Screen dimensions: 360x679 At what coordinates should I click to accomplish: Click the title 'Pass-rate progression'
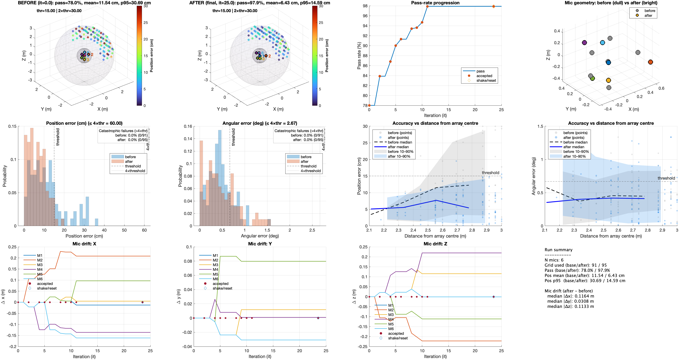[435, 3]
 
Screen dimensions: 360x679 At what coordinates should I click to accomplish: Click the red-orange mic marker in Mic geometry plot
[650, 62]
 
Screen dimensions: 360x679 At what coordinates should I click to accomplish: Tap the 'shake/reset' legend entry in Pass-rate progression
[486, 80]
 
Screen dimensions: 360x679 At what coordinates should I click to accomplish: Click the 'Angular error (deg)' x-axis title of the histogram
[260, 236]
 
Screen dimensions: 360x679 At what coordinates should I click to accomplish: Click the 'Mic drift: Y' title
[260, 244]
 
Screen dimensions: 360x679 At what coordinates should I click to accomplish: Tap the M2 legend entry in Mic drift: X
[40, 260]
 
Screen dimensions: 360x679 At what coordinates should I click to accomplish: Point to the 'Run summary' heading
[558, 250]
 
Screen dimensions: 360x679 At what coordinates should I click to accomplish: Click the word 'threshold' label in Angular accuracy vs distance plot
[666, 178]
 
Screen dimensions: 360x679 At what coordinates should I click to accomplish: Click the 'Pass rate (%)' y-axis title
[359, 56]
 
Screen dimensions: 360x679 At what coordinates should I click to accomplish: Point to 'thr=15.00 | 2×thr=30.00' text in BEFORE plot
[59, 11]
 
